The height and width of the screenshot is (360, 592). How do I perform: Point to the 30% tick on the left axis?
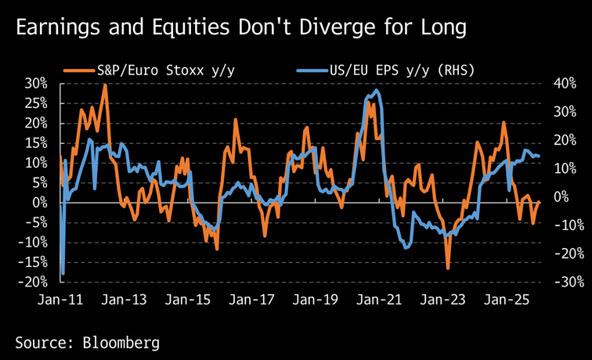tap(37, 84)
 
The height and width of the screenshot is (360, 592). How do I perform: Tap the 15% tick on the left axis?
tap(37, 143)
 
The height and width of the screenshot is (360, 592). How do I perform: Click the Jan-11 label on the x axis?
tap(60, 300)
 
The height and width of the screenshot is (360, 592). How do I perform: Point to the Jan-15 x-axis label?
tap(190, 300)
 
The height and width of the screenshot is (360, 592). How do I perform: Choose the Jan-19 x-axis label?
tap(316, 300)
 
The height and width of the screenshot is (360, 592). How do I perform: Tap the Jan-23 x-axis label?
tap(443, 300)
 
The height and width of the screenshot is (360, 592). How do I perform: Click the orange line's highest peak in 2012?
tap(104, 85)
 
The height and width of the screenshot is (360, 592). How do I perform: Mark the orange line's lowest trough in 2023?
tap(448, 268)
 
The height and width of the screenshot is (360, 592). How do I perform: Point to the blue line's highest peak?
tap(377, 91)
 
